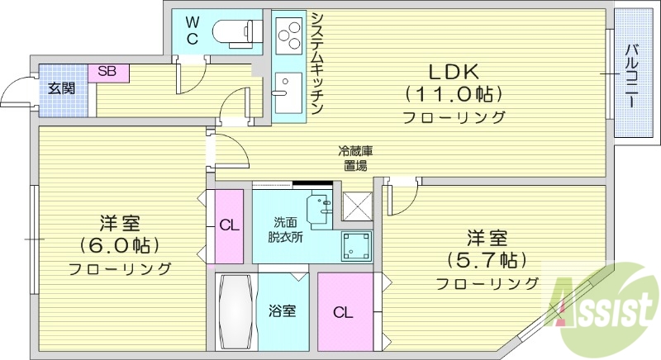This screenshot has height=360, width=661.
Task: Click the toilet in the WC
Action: click(x=235, y=32)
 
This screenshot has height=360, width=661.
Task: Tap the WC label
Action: click(x=192, y=29)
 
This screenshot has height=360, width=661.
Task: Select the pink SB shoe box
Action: click(x=108, y=72)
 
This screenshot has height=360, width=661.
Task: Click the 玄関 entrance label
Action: click(x=60, y=88)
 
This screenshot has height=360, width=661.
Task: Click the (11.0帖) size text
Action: click(x=454, y=92)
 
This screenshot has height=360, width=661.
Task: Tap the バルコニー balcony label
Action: click(x=630, y=75)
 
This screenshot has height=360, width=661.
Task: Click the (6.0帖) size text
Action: click(x=119, y=245)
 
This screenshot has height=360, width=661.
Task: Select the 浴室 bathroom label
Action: click(x=282, y=311)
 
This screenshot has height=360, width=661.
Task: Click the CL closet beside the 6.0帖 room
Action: click(x=229, y=225)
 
